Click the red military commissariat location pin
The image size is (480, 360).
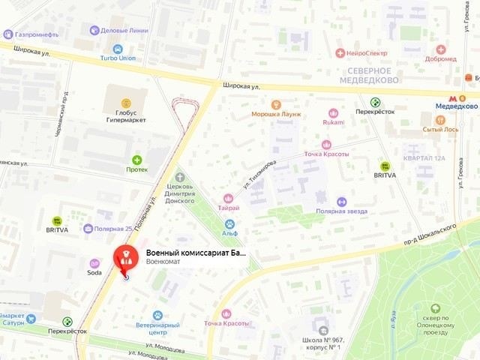pos(126,259)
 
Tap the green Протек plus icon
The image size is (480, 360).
pos(136,160)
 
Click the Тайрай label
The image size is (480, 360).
pos(229,208)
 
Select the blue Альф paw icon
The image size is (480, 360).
pos(229,223)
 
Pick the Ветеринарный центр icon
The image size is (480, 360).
pos(157,316)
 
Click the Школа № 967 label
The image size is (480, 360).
pos(322,344)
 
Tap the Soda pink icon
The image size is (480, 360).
pos(94,263)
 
